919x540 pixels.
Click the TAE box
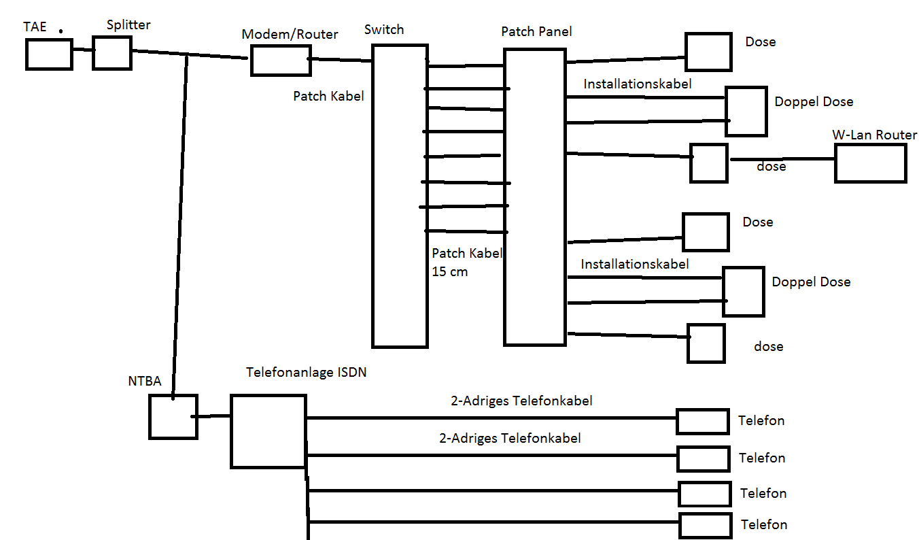point(49,54)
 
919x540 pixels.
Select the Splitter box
point(111,53)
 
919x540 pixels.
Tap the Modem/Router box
point(281,60)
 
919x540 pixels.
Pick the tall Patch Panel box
point(534,197)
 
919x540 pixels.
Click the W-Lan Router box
point(870,163)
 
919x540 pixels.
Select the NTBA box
point(173,416)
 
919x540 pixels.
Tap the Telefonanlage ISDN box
point(268,431)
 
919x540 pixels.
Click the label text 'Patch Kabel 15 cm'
point(466,263)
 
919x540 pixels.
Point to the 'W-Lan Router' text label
point(874,135)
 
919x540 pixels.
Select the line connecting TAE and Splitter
point(82,50)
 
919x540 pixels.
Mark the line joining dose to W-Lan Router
point(782,160)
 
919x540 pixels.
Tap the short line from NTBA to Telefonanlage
point(213,416)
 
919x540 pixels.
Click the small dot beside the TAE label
point(61,31)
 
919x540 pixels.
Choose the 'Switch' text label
point(383,29)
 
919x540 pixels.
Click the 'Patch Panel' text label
point(536,31)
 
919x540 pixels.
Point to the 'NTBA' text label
point(144,381)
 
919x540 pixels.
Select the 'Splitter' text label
point(128,25)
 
